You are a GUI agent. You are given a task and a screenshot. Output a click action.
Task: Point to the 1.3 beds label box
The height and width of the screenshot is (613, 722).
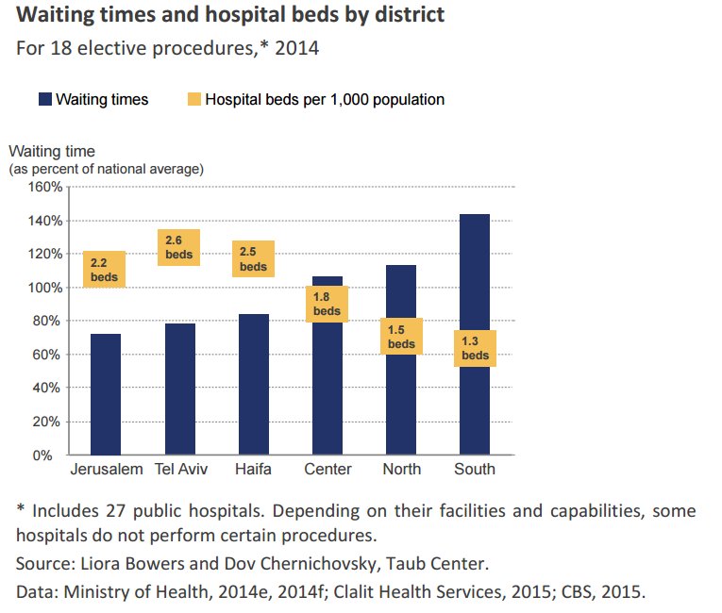[x=475, y=348]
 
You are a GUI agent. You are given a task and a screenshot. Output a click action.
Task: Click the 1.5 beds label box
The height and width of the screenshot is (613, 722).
[x=401, y=337]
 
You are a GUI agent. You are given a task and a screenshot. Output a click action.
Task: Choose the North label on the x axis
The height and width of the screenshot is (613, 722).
[x=401, y=470]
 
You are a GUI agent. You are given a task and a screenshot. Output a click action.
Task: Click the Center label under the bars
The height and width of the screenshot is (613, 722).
[x=327, y=470]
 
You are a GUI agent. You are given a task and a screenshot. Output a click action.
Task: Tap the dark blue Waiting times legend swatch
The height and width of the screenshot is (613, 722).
[x=44, y=99]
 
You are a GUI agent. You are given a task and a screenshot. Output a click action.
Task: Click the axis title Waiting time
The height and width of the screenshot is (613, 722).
[x=52, y=151]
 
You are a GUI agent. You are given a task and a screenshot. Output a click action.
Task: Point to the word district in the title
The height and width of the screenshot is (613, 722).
[x=407, y=15]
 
